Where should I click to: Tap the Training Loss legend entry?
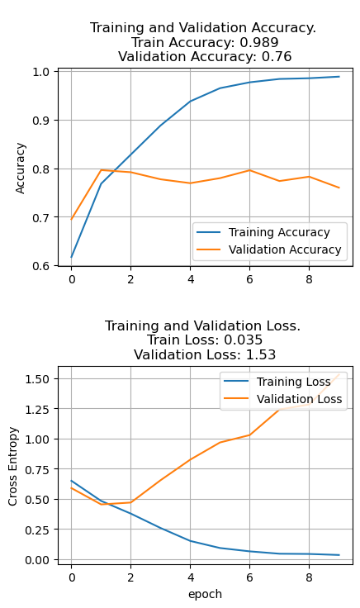tap(291, 382)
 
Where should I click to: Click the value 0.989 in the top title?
tap(259, 42)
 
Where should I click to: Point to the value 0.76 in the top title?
tap(274, 57)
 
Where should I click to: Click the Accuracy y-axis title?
tap(21, 168)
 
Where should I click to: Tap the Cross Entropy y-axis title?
tap(13, 467)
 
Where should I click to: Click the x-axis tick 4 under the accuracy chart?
tap(190, 279)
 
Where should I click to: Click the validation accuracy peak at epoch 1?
tap(101, 170)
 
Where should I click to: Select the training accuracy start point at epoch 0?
tap(71, 257)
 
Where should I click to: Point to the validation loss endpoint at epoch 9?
tap(339, 374)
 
